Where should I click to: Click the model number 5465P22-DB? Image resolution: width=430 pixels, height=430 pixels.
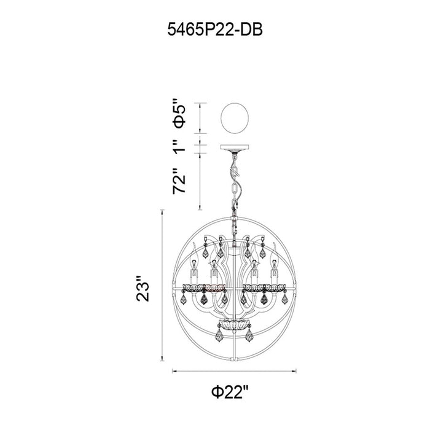[215, 29]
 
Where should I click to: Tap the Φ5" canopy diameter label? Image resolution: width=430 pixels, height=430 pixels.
[179, 117]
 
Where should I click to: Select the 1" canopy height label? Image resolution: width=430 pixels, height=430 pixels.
[179, 146]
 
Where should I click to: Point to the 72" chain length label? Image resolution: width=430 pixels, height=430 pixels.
[179, 181]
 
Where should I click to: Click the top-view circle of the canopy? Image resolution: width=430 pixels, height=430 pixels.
[235, 118]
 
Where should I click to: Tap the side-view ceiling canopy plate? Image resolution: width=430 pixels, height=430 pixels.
[235, 147]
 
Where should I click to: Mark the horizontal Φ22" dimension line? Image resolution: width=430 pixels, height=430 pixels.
[234, 371]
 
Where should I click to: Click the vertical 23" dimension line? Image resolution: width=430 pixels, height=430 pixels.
[162, 286]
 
